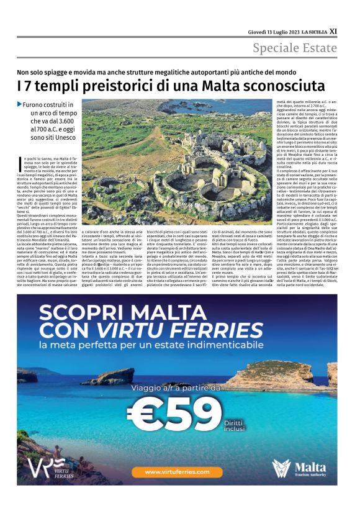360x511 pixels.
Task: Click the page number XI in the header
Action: pos(333,30)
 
